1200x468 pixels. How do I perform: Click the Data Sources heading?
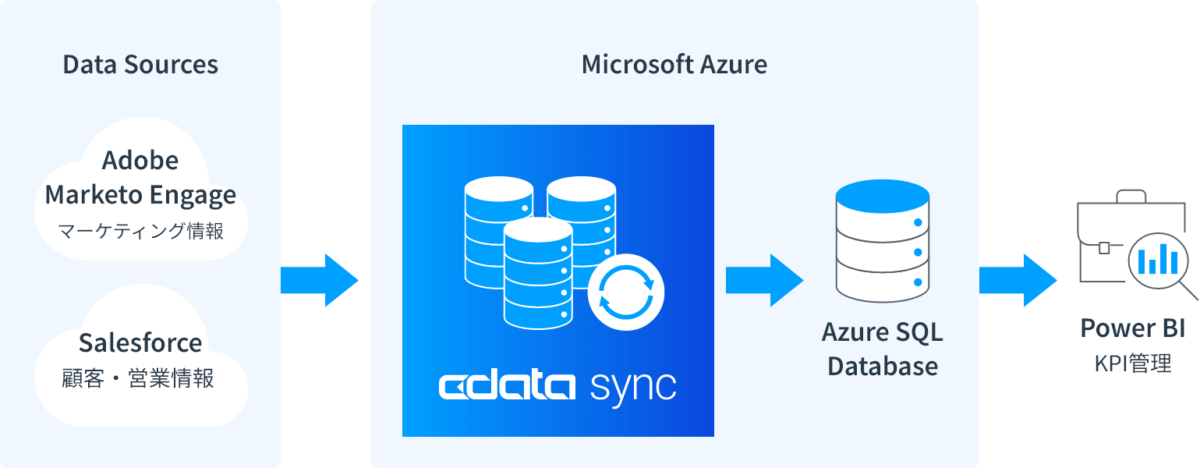click(140, 65)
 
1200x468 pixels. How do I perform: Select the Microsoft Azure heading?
click(674, 65)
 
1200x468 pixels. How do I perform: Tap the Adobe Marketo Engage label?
click(140, 178)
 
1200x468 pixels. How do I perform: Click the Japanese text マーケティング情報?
click(140, 231)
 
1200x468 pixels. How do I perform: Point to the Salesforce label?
click(140, 342)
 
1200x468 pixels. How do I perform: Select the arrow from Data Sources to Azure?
click(320, 280)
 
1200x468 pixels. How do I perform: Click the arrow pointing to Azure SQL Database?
click(764, 280)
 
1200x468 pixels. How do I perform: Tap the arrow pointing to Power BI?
click(1018, 280)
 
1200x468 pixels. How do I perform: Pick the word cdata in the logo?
click(507, 386)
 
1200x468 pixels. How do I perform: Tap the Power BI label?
click(1132, 328)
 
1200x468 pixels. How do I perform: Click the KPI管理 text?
click(1132, 363)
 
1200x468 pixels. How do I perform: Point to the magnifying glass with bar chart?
click(1157, 258)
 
